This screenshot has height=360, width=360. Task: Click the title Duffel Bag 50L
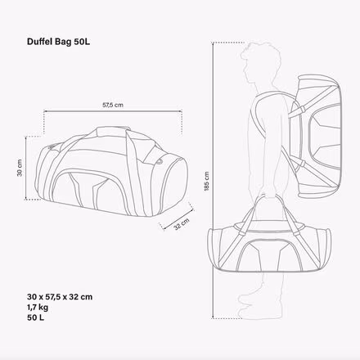point(58,42)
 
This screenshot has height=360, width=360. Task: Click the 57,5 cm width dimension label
point(113,105)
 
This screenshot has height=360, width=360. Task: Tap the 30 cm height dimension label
point(20,168)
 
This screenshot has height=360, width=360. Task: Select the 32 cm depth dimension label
point(182,224)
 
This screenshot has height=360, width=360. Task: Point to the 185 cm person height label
point(206,181)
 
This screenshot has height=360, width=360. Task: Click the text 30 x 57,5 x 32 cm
point(60,297)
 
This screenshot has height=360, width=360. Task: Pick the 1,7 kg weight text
point(38,308)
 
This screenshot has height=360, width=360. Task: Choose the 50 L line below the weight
point(35,317)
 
